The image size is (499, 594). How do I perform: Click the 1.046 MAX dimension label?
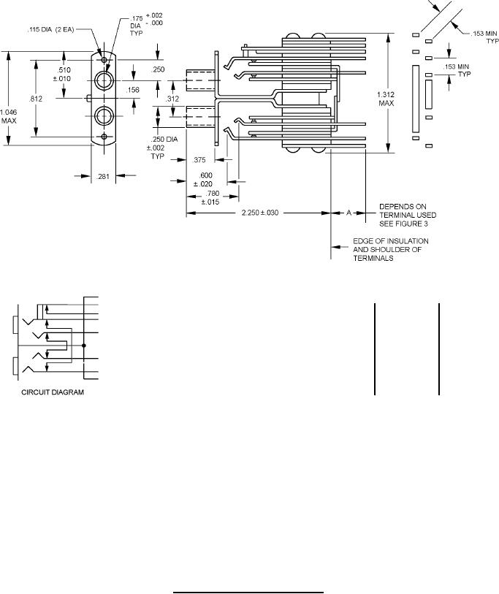coord(8,116)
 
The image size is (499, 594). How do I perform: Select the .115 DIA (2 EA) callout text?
coord(50,29)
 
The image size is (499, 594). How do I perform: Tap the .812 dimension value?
coord(36,99)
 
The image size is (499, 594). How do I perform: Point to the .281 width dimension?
coord(103,176)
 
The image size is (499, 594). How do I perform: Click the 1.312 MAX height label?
coord(386,99)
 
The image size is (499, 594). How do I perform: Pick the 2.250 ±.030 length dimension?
coord(260,213)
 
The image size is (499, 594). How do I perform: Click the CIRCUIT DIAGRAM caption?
coord(53,392)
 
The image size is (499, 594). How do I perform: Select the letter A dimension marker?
coord(348,213)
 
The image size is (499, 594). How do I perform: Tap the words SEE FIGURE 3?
coord(403,224)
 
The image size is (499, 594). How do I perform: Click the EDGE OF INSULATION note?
coord(391,241)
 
